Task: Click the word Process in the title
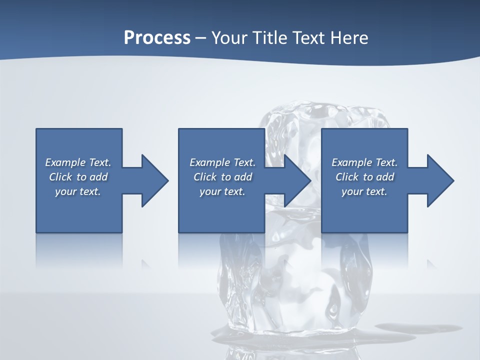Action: (157, 38)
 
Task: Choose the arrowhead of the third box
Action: (439, 180)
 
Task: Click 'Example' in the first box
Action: (65, 162)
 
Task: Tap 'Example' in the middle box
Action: (209, 162)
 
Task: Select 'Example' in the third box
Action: (351, 162)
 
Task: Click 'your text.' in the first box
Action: (78, 191)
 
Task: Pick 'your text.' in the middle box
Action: (222, 191)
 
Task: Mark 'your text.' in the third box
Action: (364, 191)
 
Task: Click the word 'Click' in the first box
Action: (60, 177)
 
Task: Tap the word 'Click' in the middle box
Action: (205, 177)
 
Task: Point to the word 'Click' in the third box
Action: (347, 177)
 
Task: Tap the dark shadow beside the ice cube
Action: (420, 328)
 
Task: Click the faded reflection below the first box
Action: (79, 250)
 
